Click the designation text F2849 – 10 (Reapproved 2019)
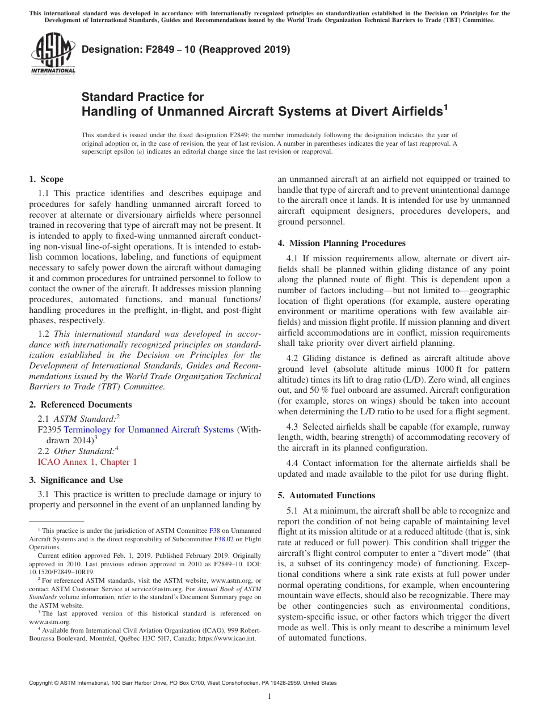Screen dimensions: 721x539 pos(186,49)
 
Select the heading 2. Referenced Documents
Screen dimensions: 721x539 pos(80,405)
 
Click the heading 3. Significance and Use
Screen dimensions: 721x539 pos(75,480)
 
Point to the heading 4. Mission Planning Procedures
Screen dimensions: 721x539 pos(342,243)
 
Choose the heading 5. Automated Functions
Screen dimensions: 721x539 pos(326,495)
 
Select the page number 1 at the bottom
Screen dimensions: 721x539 pos(269,697)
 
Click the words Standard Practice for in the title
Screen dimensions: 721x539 pos(142,97)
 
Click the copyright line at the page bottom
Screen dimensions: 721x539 pos(182,683)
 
